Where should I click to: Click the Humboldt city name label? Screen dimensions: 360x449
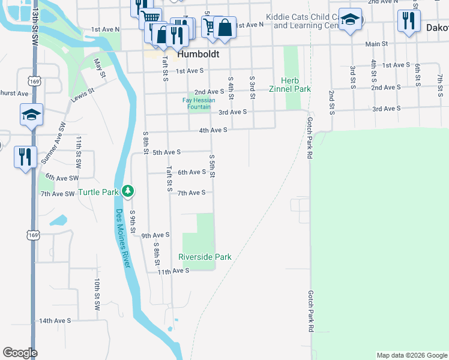click(x=197, y=54)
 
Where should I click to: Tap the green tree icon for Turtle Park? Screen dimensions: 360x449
click(x=127, y=191)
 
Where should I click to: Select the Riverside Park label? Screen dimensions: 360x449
click(x=205, y=257)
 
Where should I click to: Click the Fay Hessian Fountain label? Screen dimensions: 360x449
click(x=199, y=103)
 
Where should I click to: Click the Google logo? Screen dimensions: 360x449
click(x=20, y=353)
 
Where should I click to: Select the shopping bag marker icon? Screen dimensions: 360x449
click(x=224, y=28)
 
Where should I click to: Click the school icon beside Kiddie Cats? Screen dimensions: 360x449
click(x=350, y=20)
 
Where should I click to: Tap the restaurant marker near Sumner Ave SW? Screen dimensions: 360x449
click(x=25, y=157)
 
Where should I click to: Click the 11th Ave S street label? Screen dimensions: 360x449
click(x=173, y=271)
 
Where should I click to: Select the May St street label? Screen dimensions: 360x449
click(x=100, y=67)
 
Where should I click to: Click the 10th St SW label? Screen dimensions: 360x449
click(x=97, y=293)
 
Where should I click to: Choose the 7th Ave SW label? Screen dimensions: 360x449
click(x=58, y=194)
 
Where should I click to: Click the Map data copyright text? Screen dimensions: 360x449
click(x=411, y=355)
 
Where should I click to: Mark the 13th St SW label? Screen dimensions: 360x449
click(x=35, y=18)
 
